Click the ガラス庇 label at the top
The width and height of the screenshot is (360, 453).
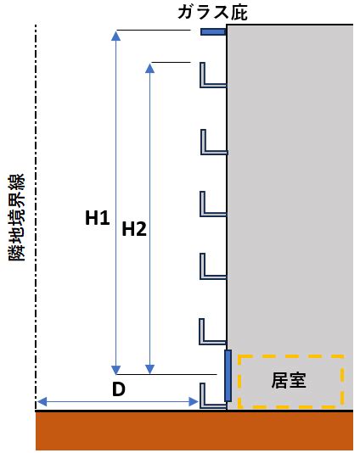tap(212, 13)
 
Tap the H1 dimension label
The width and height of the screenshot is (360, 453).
tap(97, 218)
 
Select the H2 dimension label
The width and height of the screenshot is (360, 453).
tap(134, 229)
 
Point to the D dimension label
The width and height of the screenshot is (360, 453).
tap(119, 389)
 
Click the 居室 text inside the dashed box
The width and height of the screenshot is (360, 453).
tap(289, 380)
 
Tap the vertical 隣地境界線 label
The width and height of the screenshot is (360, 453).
tap(17, 217)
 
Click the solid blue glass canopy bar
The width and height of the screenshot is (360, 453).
tap(213, 31)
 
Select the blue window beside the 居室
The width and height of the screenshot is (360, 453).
tap(228, 376)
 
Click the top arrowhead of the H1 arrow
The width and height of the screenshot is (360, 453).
tap(116, 36)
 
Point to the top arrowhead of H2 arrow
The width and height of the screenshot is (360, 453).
tap(149, 68)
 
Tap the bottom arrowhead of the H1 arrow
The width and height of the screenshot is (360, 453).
tap(116, 370)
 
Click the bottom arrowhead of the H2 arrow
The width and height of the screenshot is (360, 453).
tap(149, 370)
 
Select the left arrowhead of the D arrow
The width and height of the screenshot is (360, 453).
tap(42, 401)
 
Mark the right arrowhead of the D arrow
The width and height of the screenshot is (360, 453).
tap(194, 401)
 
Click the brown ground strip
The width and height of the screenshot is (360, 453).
tap(194, 430)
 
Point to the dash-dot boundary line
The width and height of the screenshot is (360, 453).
tap(36, 216)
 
